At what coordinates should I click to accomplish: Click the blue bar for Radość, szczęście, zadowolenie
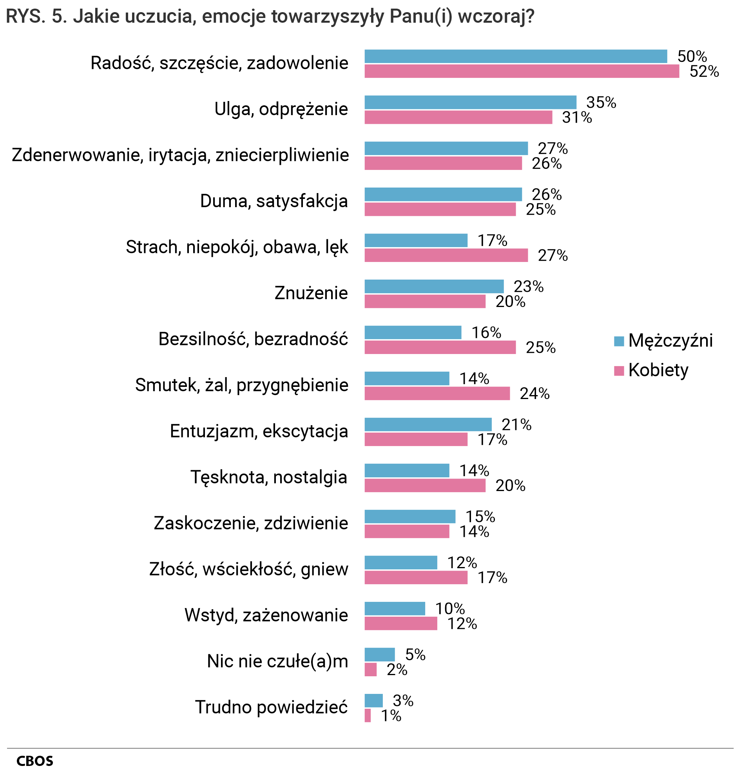(515, 56)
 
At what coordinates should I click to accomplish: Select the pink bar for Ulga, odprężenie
(458, 117)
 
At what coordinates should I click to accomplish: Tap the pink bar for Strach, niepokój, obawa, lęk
(446, 255)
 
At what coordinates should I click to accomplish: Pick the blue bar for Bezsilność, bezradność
(412, 332)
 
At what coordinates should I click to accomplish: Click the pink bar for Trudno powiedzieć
(367, 715)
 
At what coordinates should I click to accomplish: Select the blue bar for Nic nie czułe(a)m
(379, 655)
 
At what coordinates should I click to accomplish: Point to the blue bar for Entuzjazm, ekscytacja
(428, 424)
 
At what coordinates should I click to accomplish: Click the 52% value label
(704, 71)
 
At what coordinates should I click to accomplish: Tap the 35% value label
(601, 103)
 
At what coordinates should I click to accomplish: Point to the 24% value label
(534, 394)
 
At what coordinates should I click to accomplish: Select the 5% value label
(415, 655)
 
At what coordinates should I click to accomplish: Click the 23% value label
(528, 287)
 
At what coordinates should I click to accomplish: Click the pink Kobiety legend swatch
(619, 371)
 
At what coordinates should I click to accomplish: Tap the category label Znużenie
(311, 293)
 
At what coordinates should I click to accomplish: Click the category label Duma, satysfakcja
(274, 201)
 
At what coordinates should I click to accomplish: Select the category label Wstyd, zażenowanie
(266, 615)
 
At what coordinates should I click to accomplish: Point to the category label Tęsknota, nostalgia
(269, 477)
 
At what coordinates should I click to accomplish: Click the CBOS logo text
(35, 761)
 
